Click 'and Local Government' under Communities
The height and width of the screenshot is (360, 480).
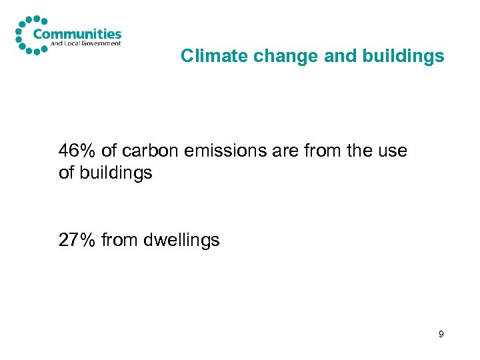pos(86,44)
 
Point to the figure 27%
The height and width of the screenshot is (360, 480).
pos(76,240)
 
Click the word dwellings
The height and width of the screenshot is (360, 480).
pos(181,240)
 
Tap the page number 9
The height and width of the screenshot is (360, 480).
pos(441,333)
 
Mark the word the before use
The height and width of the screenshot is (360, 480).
pos(359,151)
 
